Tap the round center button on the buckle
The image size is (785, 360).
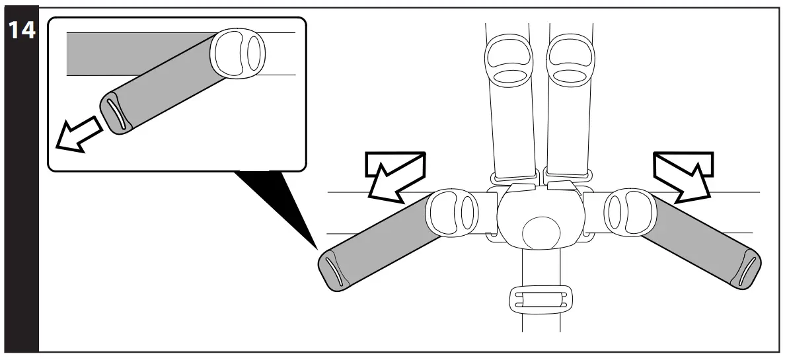tap(541, 233)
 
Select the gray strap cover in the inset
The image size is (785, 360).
tap(165, 86)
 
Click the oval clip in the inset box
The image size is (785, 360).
tap(238, 52)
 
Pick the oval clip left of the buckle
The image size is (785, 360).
tap(453, 213)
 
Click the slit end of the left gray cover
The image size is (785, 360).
tap(335, 272)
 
